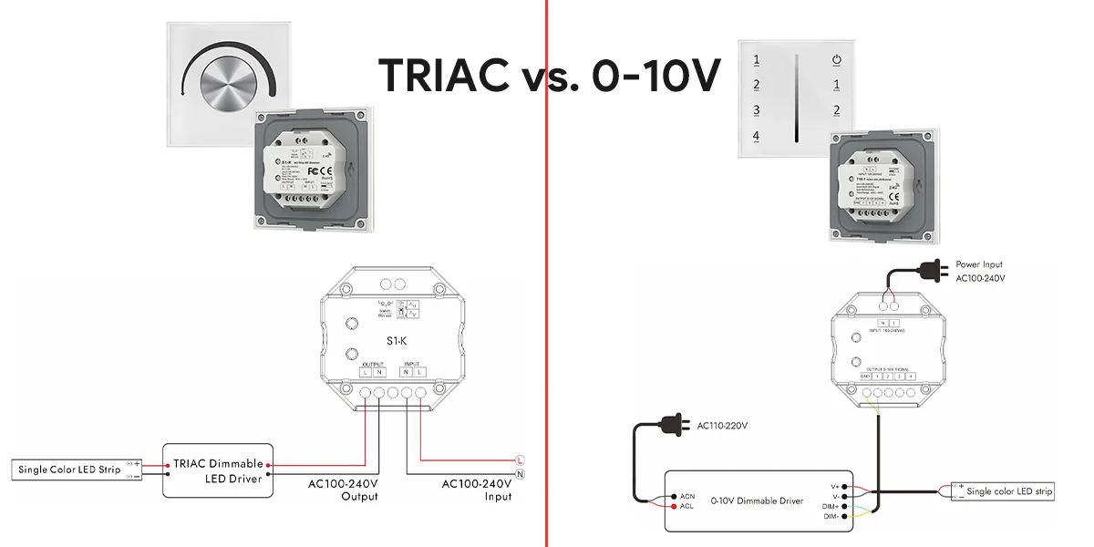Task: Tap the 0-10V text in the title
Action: point(655,75)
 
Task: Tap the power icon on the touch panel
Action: point(836,61)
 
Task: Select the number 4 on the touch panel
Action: point(756,137)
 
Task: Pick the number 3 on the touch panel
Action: point(756,110)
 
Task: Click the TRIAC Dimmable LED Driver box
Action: point(218,470)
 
